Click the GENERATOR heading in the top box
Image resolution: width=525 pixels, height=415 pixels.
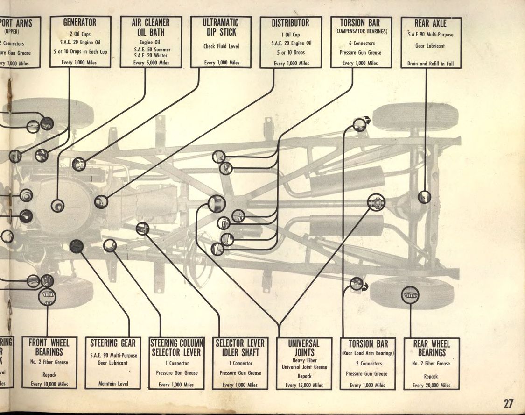point(80,22)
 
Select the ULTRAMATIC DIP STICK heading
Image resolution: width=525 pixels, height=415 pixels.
point(221,28)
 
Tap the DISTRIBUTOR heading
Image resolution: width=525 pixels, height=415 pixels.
point(290,22)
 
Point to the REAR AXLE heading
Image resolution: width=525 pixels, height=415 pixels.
point(430,23)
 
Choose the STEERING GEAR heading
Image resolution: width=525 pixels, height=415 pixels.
point(113,343)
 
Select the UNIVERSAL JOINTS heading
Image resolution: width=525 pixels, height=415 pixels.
point(304,348)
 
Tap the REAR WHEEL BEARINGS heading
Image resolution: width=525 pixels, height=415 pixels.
point(432,348)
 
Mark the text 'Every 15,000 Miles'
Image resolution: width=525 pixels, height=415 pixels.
point(304,385)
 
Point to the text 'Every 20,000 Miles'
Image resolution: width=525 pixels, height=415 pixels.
point(432,386)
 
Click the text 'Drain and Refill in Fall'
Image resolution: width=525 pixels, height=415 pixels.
point(430,64)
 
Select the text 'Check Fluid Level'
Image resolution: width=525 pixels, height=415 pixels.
point(221,46)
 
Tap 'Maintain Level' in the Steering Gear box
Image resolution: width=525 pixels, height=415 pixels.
point(113,384)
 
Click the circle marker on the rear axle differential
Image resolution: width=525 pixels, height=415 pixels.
point(424,197)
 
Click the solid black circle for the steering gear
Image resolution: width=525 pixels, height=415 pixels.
point(76,246)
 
